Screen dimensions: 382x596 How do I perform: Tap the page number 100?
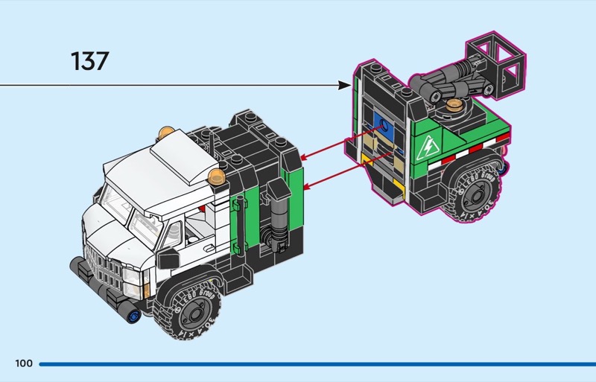coord(23,363)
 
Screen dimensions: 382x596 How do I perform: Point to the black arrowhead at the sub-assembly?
coord(344,86)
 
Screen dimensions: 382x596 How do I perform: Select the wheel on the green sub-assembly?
coord(474,191)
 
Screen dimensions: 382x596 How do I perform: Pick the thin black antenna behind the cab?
coord(215,149)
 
